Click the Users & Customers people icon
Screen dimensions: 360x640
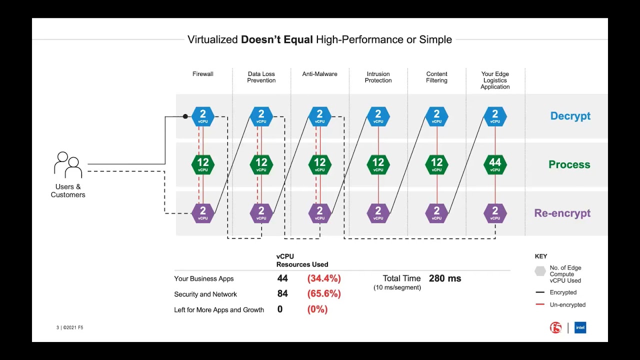pos(68,165)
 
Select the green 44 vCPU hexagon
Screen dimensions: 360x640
pos(495,164)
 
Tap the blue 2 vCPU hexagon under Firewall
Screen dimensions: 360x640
pos(203,116)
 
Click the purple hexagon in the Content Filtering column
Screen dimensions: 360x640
pos(436,213)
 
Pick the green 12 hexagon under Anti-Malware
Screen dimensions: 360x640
pos(319,164)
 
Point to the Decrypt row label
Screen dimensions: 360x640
pos(570,116)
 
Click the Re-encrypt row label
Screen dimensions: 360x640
pos(562,213)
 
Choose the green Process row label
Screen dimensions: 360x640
pos(569,164)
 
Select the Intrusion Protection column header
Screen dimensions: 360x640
pos(378,77)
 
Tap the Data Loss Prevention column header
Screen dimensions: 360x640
pos(261,77)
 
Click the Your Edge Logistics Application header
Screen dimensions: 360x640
pos(495,80)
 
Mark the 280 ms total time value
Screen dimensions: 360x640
pos(445,278)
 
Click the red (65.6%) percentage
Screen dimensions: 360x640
pos(324,294)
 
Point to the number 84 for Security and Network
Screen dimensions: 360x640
pos(282,294)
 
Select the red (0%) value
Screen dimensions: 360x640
pos(317,309)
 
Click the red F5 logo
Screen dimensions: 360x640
pos(555,328)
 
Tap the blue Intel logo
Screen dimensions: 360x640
pos(580,328)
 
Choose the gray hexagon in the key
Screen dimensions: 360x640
pos(540,271)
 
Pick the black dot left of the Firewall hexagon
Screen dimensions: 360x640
pos(185,116)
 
